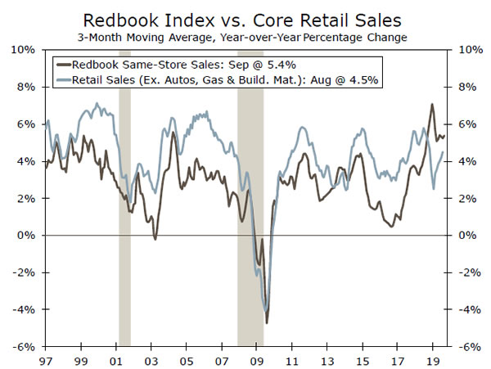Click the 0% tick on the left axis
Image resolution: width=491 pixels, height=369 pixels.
[26, 235]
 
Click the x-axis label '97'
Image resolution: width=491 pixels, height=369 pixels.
[46, 360]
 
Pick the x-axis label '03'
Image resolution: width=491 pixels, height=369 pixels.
[151, 360]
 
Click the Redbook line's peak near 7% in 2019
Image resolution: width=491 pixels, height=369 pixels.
[432, 105]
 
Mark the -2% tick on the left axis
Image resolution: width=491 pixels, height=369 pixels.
[25, 272]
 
